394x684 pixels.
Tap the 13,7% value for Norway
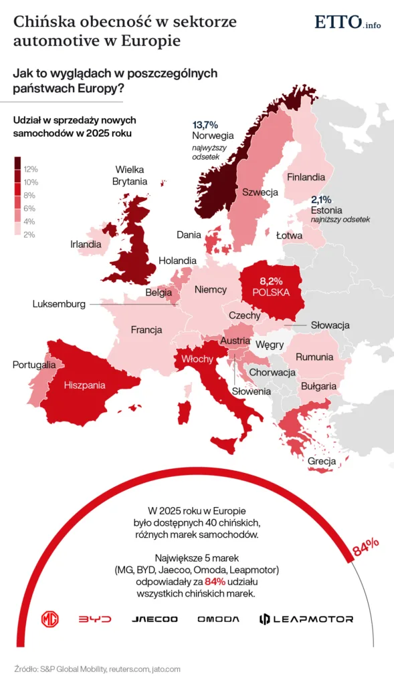point(205,125)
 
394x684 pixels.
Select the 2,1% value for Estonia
point(320,200)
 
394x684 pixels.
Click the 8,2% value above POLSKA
point(271,281)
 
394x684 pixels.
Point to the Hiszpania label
point(84,385)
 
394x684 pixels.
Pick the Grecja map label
point(322,461)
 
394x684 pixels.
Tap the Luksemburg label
point(59,304)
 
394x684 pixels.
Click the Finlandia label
point(306,177)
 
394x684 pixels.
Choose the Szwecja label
point(260,192)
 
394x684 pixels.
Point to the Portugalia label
point(34,365)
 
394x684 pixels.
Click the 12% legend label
point(31,169)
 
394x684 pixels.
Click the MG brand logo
point(50,619)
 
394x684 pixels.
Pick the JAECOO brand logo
point(155,619)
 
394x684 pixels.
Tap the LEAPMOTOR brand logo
point(306,619)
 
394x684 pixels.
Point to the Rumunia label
point(314,357)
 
